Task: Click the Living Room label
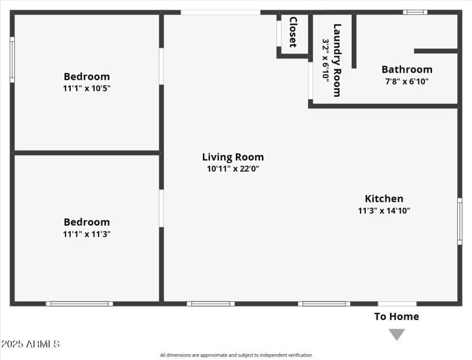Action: pyautogui.click(x=232, y=157)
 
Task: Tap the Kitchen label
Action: pyautogui.click(x=383, y=199)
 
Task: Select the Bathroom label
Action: pyautogui.click(x=407, y=70)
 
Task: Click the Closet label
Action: pyautogui.click(x=293, y=32)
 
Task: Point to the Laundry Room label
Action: pyautogui.click(x=337, y=60)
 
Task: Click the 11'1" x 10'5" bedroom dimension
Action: pyautogui.click(x=87, y=88)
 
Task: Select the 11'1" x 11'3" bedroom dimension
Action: pyautogui.click(x=87, y=234)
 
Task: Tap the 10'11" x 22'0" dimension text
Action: pyautogui.click(x=232, y=169)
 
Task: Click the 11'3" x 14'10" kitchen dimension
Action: pyautogui.click(x=383, y=211)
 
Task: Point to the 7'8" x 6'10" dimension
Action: pyautogui.click(x=407, y=81)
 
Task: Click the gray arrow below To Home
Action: pyautogui.click(x=396, y=335)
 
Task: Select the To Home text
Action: pyautogui.click(x=396, y=317)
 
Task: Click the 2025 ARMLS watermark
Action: pyautogui.click(x=30, y=343)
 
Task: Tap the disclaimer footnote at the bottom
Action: pyautogui.click(x=236, y=355)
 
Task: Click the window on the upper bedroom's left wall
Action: pyautogui.click(x=12, y=60)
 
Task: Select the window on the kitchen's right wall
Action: pyautogui.click(x=460, y=221)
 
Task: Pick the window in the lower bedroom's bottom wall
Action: pyautogui.click(x=80, y=304)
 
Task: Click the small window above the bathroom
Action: pyautogui.click(x=415, y=12)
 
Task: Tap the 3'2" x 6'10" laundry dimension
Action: pyautogui.click(x=325, y=60)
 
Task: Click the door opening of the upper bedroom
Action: pyautogui.click(x=161, y=66)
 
